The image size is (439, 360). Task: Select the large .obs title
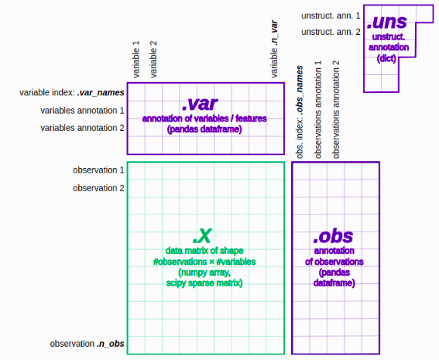(335, 236)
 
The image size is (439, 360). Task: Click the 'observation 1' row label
(98, 170)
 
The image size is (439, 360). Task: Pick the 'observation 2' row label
(98, 188)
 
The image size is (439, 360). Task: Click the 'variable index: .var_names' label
(72, 93)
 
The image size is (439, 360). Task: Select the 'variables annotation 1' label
(82, 111)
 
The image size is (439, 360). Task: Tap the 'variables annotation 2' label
(82, 128)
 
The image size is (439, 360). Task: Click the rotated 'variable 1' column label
(136, 60)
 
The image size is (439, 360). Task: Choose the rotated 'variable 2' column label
(154, 60)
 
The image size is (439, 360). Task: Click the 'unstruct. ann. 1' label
(331, 15)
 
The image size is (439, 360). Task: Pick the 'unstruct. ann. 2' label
(331, 32)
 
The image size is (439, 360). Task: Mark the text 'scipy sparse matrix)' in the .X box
(204, 283)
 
